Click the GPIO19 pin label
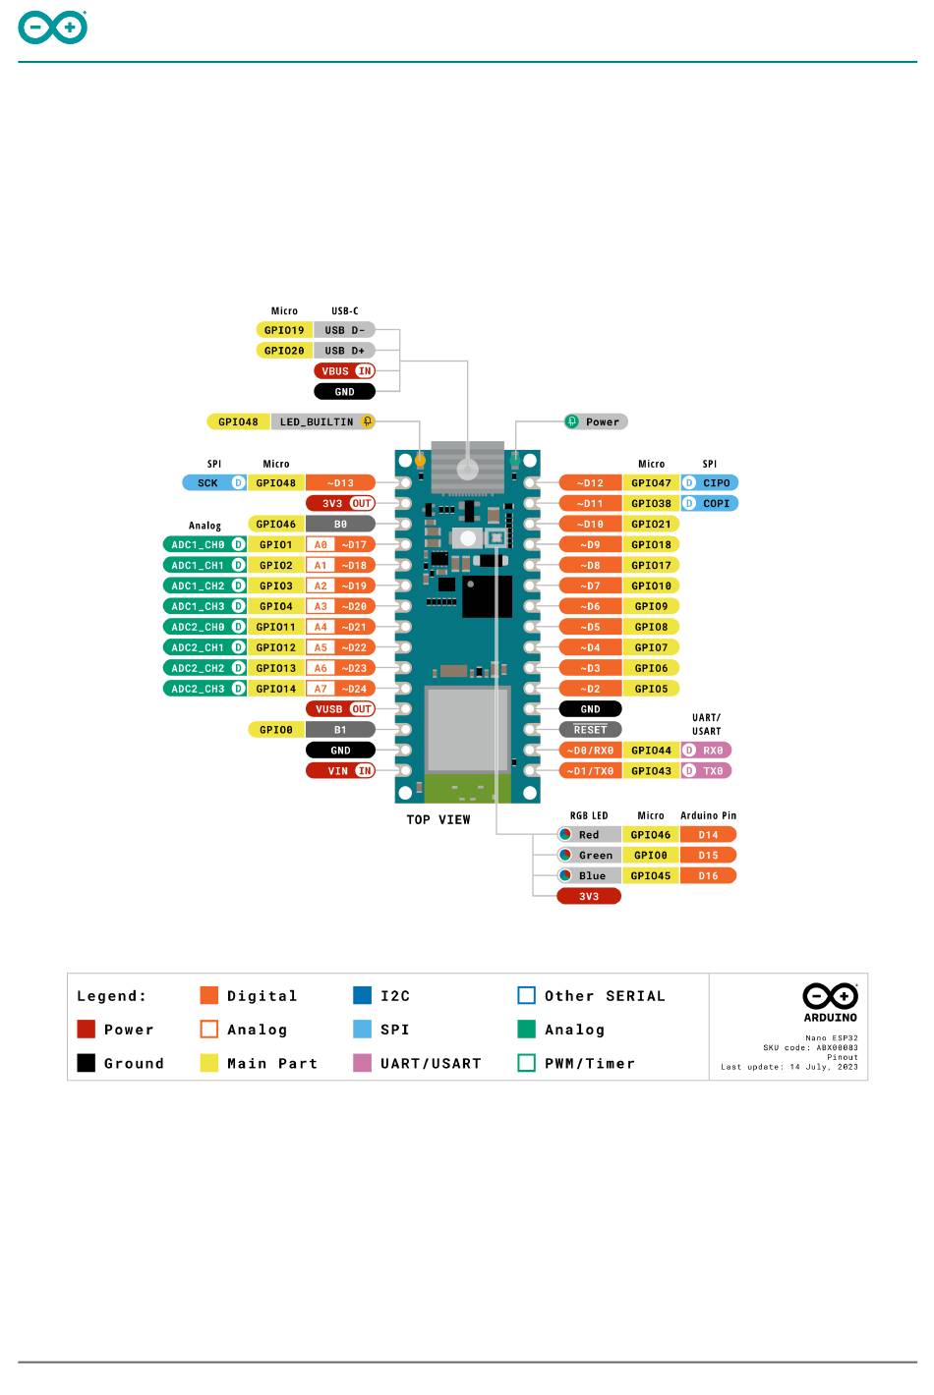(x=284, y=330)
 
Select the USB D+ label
(x=344, y=351)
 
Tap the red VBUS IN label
(x=345, y=371)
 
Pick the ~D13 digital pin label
(x=340, y=483)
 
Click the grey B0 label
(x=340, y=525)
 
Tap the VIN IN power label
(x=340, y=771)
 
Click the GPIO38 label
(x=651, y=504)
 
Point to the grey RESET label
(x=590, y=730)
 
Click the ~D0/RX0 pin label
(x=590, y=751)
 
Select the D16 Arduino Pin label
(x=708, y=876)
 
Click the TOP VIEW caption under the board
(x=438, y=820)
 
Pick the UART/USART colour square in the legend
(x=362, y=1063)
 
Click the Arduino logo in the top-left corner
(x=52, y=28)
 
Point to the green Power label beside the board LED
(x=596, y=422)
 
